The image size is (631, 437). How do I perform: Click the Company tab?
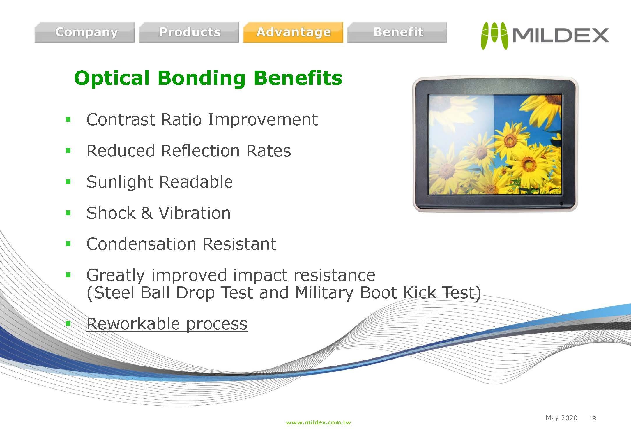84,32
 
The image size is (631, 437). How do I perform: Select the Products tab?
189,32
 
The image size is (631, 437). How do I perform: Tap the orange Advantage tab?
293,32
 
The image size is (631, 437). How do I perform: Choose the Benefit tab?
397,32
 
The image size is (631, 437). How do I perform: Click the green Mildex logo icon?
494,36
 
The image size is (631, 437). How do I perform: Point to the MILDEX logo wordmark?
560,36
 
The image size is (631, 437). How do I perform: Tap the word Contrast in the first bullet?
121,119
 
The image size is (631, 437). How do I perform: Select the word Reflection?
201,151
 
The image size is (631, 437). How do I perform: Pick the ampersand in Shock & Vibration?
147,213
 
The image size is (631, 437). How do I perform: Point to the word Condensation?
142,244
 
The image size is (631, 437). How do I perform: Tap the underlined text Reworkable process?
167,324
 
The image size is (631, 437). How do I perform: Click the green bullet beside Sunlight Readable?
68,182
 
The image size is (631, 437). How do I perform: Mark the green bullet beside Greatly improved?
68,275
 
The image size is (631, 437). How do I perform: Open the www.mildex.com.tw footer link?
318,422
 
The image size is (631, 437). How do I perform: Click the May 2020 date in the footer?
561,418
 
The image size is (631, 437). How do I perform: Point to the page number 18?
592,418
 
